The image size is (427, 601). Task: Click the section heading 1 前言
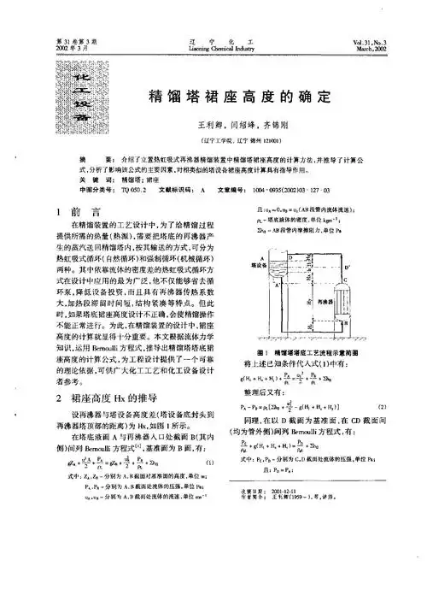(79, 210)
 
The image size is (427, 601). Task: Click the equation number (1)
(207, 466)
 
